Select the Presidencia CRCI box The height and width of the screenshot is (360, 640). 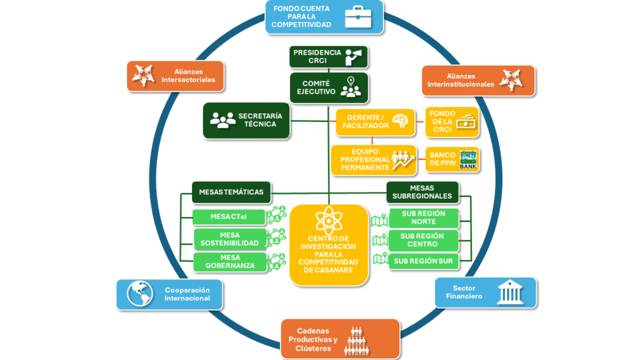(x=328, y=57)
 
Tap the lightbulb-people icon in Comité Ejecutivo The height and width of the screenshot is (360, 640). (x=351, y=87)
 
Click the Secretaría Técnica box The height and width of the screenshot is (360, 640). (x=247, y=120)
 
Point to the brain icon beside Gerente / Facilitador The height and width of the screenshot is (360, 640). (x=400, y=121)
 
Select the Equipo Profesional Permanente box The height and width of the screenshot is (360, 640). (x=373, y=160)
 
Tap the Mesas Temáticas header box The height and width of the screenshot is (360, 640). (x=231, y=192)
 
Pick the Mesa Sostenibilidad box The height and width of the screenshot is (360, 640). (x=229, y=239)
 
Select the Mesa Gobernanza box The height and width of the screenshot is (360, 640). (x=229, y=262)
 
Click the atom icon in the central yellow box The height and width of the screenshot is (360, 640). (x=328, y=221)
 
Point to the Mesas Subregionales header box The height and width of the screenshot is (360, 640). (x=422, y=192)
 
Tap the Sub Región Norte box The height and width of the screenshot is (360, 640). (x=423, y=217)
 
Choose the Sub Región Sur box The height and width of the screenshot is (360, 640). (x=423, y=261)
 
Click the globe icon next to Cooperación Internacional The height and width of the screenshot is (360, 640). (x=140, y=294)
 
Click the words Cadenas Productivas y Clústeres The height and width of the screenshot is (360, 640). (x=313, y=339)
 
